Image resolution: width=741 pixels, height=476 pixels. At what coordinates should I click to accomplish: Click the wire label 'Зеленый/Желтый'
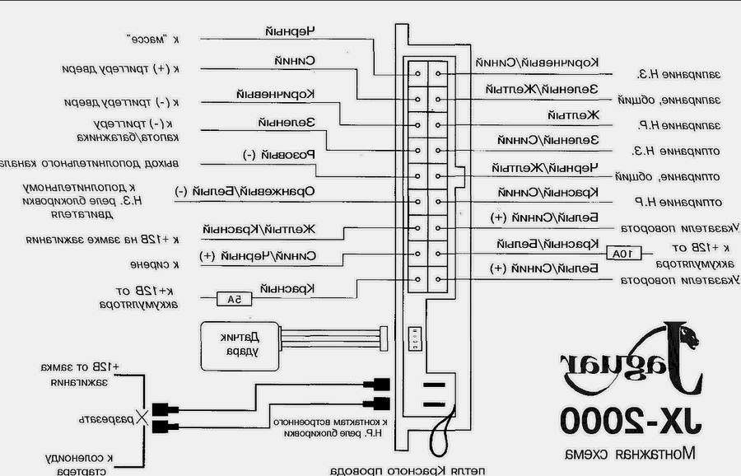(x=551, y=88)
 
